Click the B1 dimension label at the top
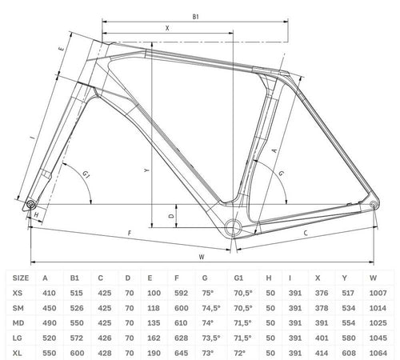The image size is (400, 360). (x=196, y=17)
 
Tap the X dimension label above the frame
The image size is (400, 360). (x=167, y=28)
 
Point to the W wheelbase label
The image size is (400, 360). (x=202, y=257)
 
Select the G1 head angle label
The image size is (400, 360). (x=86, y=174)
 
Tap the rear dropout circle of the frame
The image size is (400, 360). (x=374, y=205)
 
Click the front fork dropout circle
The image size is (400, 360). (x=30, y=205)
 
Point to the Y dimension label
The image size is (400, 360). (x=146, y=170)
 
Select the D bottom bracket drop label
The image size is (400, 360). (x=172, y=216)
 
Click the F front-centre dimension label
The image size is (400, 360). (x=130, y=234)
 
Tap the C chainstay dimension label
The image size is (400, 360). (x=306, y=233)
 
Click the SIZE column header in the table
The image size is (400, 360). (x=21, y=278)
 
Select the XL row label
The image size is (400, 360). (x=18, y=353)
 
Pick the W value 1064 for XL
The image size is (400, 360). (x=378, y=353)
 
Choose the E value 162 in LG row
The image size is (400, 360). (x=154, y=338)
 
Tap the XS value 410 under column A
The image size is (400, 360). (x=49, y=293)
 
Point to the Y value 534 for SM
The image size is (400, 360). (x=349, y=308)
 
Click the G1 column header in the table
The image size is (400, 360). (x=238, y=278)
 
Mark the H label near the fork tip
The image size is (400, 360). (x=37, y=214)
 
